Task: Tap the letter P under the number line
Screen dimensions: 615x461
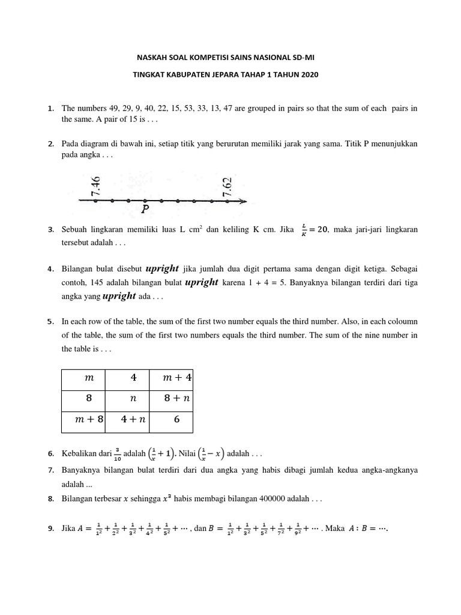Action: (145, 210)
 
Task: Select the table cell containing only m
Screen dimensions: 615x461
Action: (83, 377)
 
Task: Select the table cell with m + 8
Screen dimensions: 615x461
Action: (83, 420)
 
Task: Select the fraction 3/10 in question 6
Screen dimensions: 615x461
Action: (118, 453)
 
